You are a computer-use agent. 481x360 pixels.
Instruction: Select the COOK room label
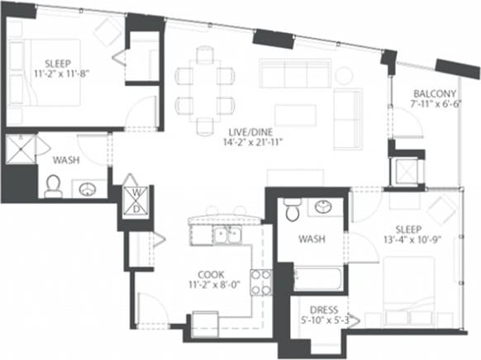click(211, 275)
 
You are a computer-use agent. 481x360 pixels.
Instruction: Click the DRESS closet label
click(317, 310)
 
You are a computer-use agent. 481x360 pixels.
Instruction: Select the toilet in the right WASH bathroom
click(291, 212)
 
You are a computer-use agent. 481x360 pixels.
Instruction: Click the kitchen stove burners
click(261, 282)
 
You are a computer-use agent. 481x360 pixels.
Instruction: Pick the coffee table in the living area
click(294, 115)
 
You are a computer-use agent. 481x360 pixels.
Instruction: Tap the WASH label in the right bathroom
click(311, 238)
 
